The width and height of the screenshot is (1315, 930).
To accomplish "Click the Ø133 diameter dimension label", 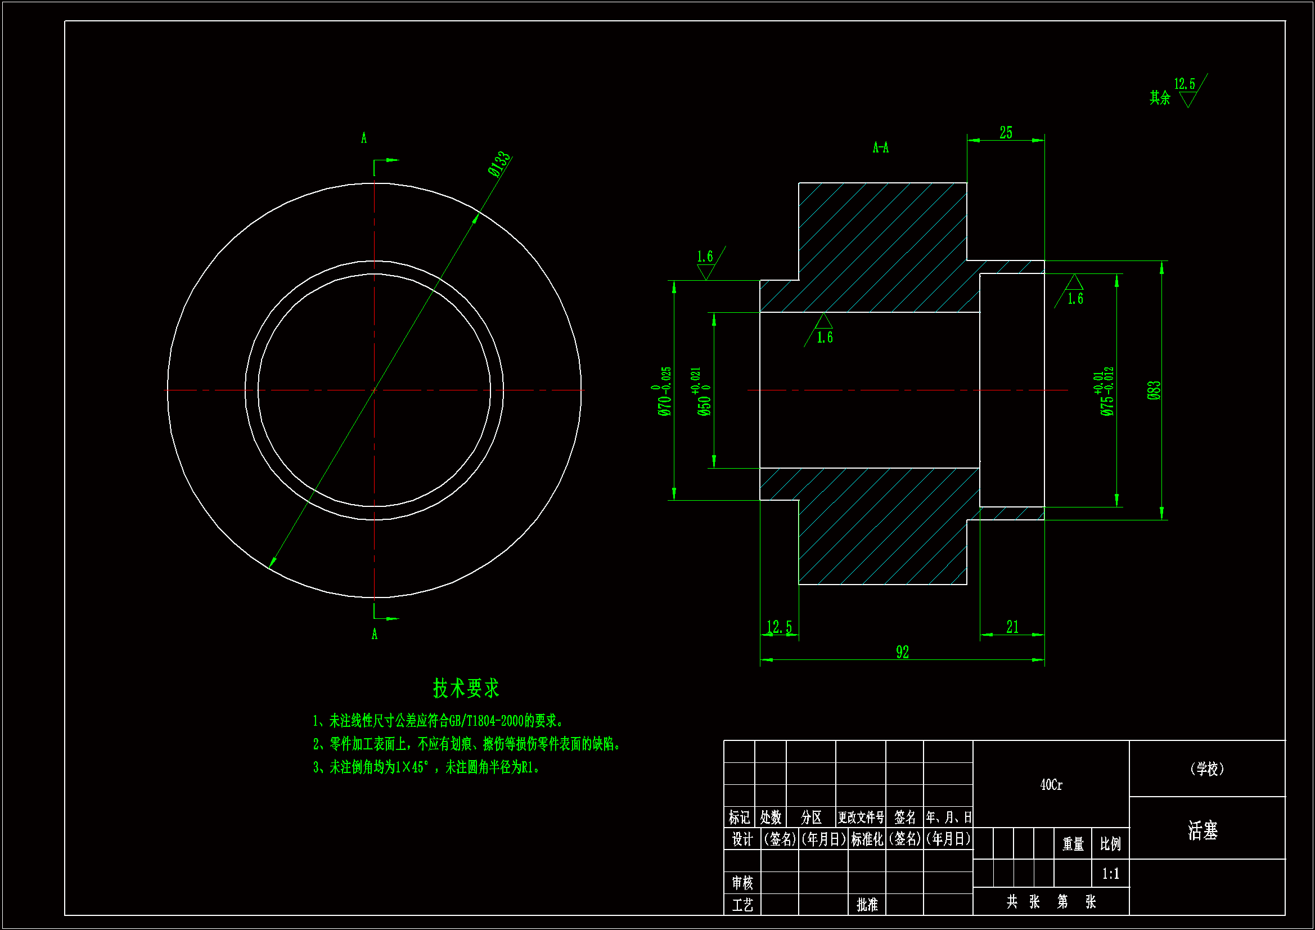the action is coord(499,164).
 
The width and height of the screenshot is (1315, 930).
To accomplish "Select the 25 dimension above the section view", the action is coord(1006,133).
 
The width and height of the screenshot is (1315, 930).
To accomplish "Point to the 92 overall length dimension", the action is coord(902,652).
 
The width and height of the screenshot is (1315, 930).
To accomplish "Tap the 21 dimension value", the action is coord(1012,627).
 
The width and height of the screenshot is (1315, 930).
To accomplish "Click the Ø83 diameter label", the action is coord(1154,390).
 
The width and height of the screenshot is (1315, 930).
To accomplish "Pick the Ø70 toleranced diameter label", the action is coord(664,392).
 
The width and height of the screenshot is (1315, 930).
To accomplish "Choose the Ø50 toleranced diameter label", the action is coord(703,392).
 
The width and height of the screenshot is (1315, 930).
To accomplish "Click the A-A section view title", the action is coord(880,148).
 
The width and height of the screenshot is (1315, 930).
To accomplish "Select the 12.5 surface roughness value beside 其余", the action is coord(1185,84).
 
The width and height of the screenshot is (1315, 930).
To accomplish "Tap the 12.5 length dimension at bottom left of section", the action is coord(779,627).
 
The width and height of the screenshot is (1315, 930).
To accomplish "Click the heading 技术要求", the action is coord(466,688).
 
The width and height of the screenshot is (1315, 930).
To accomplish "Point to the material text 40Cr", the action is coord(1051,785).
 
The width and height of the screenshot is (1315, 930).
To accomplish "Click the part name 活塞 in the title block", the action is coord(1203,830).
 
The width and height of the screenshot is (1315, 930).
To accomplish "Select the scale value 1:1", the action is coord(1110,874).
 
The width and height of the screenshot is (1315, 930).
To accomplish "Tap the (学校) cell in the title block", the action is coord(1207,769).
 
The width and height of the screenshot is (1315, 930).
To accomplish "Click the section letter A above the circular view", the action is coord(364,138).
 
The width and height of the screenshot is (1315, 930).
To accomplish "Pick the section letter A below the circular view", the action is coord(375,634).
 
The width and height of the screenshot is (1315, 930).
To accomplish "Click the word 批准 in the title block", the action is coord(867,904).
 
